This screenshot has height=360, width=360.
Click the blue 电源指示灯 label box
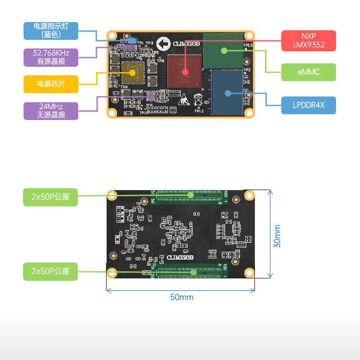point(51,31)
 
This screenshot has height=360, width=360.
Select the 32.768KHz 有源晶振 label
point(51,57)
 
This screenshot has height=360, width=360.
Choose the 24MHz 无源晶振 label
point(51,110)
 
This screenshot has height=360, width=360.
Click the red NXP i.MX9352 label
point(308,41)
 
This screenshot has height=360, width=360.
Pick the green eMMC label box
point(308,72)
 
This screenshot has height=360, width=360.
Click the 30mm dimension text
point(277,236)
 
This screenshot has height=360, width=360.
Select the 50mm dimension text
point(182,297)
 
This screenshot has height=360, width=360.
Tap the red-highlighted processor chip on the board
point(185,71)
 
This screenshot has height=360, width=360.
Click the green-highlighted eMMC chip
point(224,50)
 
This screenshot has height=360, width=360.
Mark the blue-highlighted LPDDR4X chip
point(228,93)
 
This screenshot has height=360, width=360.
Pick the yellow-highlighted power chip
point(133,73)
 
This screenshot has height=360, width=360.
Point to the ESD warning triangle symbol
point(186,100)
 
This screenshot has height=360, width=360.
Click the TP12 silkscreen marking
point(199,111)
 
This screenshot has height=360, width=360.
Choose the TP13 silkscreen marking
point(248,45)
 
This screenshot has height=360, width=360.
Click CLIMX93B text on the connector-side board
point(180,258)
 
